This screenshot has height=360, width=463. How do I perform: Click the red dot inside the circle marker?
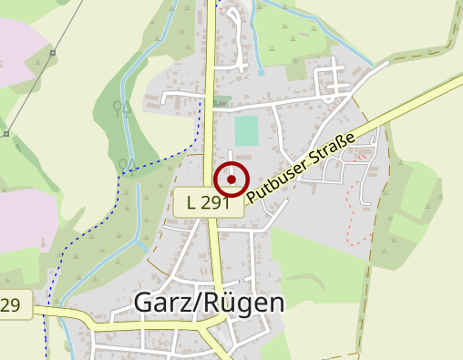(x=231, y=180)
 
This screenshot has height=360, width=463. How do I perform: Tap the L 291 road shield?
(x=208, y=202)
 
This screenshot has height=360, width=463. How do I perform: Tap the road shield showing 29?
(x=13, y=305)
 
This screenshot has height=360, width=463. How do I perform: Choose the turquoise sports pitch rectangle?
(x=246, y=130)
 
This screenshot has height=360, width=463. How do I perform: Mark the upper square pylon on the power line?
(x=53, y=53)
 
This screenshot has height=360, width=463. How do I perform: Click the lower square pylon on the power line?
(x=6, y=134)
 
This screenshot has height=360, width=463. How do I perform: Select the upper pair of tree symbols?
(x=121, y=108)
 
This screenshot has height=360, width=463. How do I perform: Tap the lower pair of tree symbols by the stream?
(x=128, y=164)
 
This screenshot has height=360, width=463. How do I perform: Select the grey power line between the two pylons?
(x=29, y=93)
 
